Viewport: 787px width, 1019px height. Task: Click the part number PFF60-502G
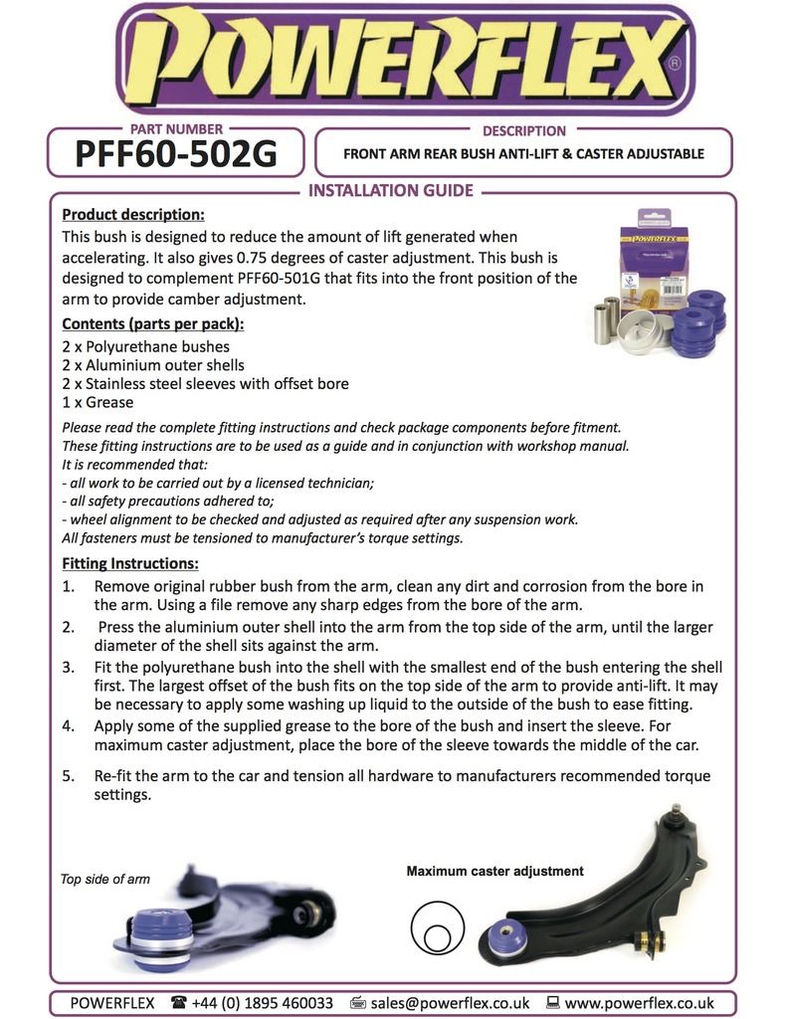(176, 154)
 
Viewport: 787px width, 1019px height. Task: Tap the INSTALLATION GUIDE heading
(391, 191)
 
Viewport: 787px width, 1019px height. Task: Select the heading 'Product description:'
(133, 214)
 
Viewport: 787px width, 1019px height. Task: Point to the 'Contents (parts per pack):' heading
(152, 324)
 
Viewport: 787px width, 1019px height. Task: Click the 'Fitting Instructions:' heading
(129, 564)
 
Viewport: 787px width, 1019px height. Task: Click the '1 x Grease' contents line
(98, 402)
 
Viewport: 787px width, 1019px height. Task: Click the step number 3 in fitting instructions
(69, 667)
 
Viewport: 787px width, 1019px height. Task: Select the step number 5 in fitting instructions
(69, 776)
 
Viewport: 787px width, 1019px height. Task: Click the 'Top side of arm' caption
(105, 880)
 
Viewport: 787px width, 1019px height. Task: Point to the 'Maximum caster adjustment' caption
(494, 871)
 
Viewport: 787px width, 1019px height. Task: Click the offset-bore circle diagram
(436, 930)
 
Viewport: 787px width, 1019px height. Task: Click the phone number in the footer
(264, 1003)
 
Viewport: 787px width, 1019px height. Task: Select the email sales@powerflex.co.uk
(449, 1003)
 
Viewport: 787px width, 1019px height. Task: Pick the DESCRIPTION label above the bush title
(523, 130)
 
